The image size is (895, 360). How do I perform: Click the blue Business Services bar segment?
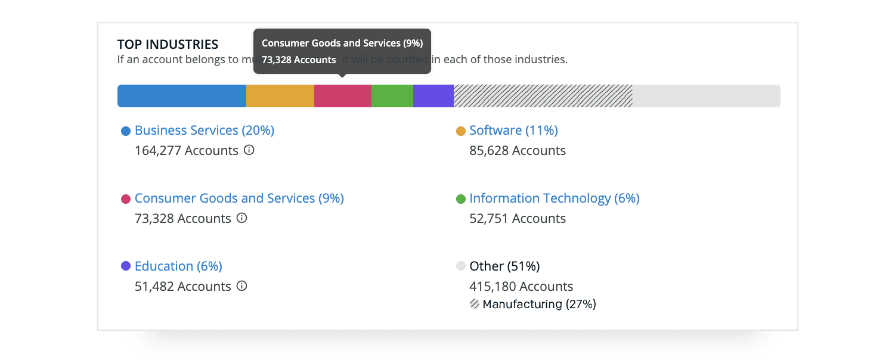(182, 96)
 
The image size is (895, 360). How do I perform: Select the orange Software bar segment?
(280, 96)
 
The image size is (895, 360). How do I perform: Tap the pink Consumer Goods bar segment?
(343, 96)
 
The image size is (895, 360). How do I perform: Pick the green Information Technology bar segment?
(392, 96)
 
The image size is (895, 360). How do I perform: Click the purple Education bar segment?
(433, 96)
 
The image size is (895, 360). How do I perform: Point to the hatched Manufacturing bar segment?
(543, 96)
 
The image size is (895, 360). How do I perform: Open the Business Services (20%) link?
(205, 131)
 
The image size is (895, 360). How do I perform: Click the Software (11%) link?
(513, 131)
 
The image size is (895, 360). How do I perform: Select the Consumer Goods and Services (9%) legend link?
(239, 198)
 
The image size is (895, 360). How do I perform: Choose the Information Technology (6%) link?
(554, 198)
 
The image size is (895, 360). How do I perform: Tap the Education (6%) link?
(178, 266)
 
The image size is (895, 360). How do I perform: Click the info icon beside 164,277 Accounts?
(249, 150)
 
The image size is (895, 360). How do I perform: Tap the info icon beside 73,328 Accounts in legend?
(241, 218)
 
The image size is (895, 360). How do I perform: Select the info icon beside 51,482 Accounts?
(241, 286)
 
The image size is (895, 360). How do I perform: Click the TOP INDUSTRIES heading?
(168, 45)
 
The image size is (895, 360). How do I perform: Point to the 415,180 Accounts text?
(521, 287)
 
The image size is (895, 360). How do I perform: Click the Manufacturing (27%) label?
(539, 305)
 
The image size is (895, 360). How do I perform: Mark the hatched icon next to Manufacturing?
(475, 304)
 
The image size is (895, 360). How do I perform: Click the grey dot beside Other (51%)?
(460, 266)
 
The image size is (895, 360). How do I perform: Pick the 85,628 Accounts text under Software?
(518, 151)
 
